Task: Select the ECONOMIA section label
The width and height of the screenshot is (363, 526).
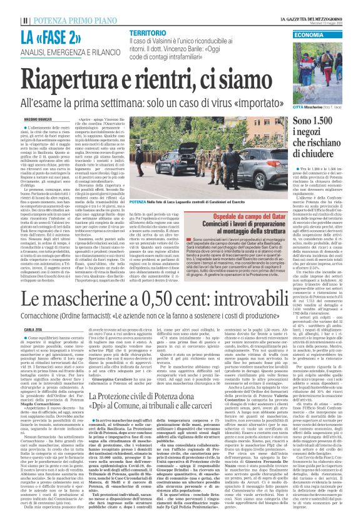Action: coord(310,34)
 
